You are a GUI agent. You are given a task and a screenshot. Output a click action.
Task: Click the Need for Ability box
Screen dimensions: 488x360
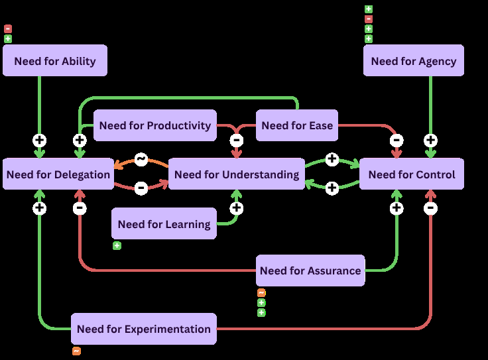tap(55, 60)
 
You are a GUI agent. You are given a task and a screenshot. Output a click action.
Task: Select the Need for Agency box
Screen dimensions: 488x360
tap(414, 60)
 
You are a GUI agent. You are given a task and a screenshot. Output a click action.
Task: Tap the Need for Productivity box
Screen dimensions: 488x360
tap(155, 125)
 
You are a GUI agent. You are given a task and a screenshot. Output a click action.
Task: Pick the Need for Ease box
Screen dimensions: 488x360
tap(297, 125)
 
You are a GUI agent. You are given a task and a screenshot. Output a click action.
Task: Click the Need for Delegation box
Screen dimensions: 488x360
tap(58, 174)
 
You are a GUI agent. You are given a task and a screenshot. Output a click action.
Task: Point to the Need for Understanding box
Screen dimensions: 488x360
tap(237, 174)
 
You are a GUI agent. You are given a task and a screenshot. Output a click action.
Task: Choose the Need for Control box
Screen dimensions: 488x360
tap(412, 174)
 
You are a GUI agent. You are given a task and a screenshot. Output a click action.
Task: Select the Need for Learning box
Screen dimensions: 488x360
tap(164, 223)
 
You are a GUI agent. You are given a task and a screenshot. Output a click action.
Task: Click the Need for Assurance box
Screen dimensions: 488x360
tap(310, 270)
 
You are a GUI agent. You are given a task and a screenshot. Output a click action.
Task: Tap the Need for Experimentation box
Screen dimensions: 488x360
tap(144, 329)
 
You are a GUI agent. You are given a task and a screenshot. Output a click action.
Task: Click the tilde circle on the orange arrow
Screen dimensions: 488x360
tap(141, 159)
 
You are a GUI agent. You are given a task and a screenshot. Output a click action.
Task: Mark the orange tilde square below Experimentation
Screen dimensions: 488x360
tap(76, 351)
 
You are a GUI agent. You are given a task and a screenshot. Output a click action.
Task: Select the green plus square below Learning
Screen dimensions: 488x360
tap(117, 246)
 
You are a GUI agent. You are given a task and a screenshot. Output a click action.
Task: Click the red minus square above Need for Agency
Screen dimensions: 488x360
tap(369, 19)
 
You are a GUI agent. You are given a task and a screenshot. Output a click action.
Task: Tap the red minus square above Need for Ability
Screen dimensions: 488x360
tap(8, 29)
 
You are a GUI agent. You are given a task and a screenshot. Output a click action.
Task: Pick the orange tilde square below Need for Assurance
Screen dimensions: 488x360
tap(261, 293)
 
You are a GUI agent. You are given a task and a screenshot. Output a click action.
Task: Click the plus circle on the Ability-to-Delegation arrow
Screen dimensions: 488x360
tap(40, 141)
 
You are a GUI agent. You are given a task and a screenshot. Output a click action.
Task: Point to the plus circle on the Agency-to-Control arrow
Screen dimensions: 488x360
tap(431, 141)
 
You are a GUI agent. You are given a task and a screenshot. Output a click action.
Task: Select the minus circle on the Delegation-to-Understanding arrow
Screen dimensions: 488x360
tap(141, 188)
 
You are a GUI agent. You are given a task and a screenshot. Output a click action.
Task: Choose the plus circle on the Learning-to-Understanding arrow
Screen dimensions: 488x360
tap(237, 208)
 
